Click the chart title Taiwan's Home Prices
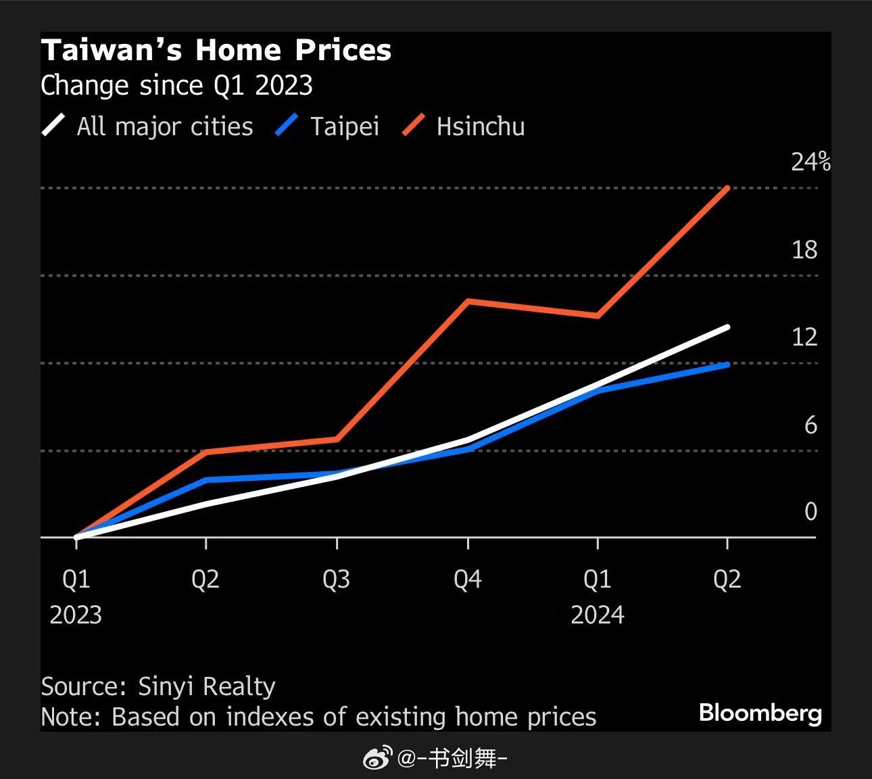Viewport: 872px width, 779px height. tap(216, 51)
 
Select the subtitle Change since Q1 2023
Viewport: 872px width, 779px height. tap(176, 86)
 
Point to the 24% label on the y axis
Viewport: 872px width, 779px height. tap(810, 162)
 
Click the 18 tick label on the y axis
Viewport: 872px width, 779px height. tap(804, 250)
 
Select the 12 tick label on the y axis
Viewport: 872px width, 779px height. tap(804, 337)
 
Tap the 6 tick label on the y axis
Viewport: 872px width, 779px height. tap(810, 425)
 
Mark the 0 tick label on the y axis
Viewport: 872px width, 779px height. tap(810, 512)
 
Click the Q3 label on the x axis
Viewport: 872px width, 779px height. tap(336, 580)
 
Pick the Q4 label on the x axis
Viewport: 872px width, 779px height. tap(467, 580)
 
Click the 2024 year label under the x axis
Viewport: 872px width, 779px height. tap(598, 615)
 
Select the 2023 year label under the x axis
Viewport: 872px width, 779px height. tap(76, 615)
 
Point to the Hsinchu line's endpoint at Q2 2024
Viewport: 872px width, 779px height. tap(727, 187)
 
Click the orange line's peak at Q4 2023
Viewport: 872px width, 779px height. tap(468, 301)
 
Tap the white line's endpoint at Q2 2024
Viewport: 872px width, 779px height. tap(727, 327)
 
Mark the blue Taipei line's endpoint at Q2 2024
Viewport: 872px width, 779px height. tap(727, 365)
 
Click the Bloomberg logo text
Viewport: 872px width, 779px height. tap(760, 713)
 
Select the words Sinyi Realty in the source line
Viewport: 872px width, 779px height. tap(206, 686)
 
